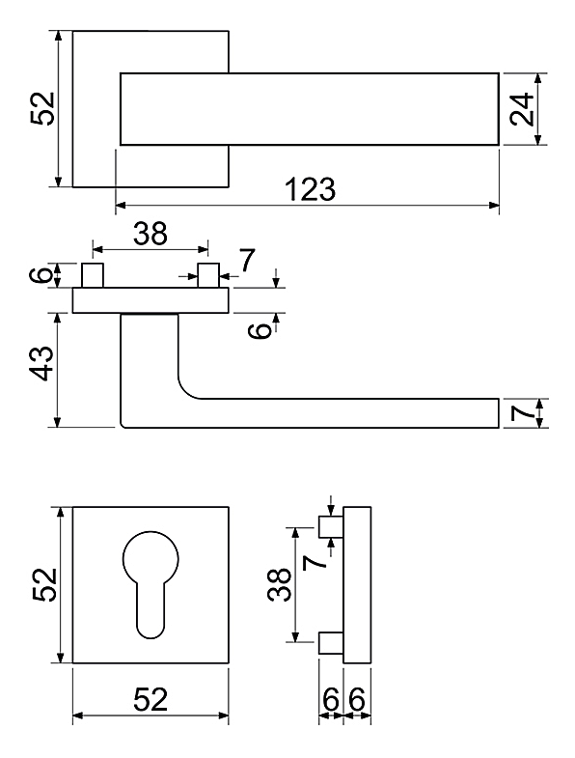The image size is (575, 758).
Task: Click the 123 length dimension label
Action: [311, 189]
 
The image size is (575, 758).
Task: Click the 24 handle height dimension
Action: [522, 109]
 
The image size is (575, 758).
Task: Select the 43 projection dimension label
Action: [41, 363]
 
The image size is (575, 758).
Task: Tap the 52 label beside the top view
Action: [43, 109]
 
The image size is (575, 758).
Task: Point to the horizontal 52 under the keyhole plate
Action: [151, 699]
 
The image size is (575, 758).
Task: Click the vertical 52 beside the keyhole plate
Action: [45, 585]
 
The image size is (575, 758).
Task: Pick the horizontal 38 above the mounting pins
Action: [151, 233]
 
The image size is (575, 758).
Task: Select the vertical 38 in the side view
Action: [279, 585]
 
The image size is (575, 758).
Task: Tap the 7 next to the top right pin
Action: [246, 261]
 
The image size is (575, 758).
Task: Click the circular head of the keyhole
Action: [151, 558]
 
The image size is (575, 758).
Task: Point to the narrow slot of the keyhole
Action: [151, 610]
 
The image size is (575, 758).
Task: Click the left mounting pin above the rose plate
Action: [92, 275]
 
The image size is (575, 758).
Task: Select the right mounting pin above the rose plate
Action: [208, 275]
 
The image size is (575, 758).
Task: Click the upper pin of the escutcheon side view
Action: [331, 527]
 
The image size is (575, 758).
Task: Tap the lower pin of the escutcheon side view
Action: [331, 643]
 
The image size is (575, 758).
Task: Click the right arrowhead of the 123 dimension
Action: [494, 206]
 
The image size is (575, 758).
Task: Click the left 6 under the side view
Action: [331, 699]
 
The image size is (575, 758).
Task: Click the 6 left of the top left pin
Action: [42, 275]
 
